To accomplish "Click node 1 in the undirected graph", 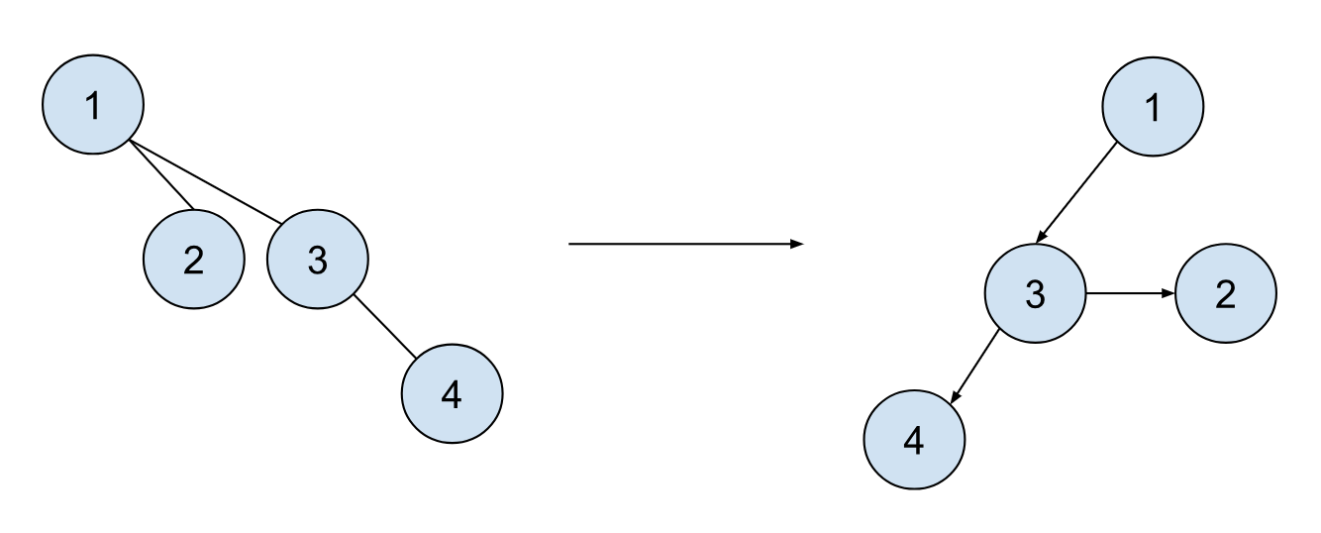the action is coord(93,105).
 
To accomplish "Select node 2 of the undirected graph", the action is coord(194,260).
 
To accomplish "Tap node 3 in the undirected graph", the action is coord(318,260).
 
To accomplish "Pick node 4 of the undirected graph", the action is coord(453,393).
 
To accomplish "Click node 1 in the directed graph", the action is coord(1153,107).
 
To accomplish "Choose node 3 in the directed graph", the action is coord(1036,293).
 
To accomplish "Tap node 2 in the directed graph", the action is coord(1226,293).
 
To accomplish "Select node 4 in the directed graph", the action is coord(915,440).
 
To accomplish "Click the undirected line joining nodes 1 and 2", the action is coord(161,174).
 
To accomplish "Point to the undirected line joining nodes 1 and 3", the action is coord(206,182).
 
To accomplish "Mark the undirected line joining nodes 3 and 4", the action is coord(384,326).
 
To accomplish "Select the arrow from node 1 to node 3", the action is coord(1076,193).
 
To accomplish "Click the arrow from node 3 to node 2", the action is coord(1131,293).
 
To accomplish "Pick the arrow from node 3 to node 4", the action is coord(974,367).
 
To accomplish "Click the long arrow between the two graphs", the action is coord(686,244).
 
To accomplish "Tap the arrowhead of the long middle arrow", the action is coord(797,244).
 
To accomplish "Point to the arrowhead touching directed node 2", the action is coord(1169,293).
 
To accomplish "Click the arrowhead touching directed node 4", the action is coord(955,398).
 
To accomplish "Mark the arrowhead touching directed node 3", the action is coord(1041,237).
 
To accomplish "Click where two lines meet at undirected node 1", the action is coord(129,141).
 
